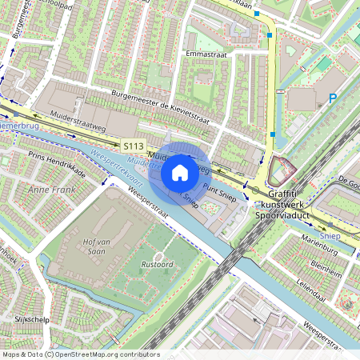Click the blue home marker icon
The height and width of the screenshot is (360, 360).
180,172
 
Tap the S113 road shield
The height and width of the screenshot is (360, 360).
134,146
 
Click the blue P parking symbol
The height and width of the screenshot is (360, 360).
332,99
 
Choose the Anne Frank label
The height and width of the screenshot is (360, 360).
51,190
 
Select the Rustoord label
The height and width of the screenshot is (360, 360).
158,264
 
